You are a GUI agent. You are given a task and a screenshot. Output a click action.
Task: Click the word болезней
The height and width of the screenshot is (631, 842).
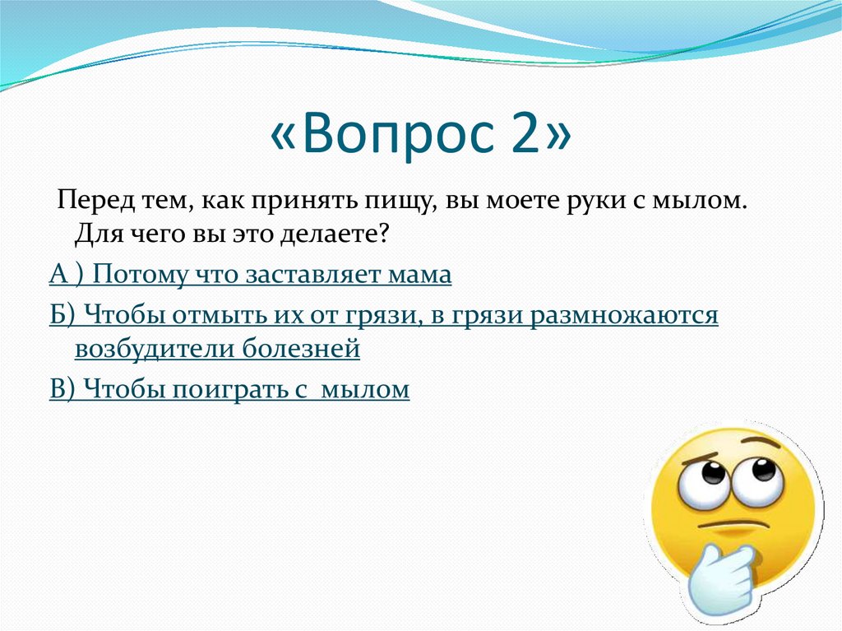(302, 349)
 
